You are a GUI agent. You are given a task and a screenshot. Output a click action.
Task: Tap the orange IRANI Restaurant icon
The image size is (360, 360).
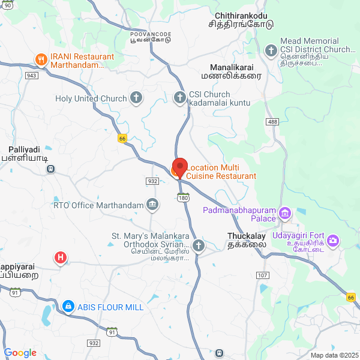pos(41,59)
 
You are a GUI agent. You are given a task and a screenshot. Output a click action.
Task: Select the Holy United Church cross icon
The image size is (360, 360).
pos(136,98)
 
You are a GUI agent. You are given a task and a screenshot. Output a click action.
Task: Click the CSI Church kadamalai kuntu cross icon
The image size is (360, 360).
pos(179,98)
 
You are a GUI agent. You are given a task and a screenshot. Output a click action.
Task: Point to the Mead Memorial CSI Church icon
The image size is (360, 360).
pos(271,50)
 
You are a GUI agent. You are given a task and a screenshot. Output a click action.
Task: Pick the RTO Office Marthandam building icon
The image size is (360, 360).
pos(152,205)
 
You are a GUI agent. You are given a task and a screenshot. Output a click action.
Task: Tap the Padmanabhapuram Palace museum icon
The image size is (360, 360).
pos(285,214)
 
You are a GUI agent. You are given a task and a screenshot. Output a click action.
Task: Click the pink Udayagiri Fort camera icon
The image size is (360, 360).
pos(334,241)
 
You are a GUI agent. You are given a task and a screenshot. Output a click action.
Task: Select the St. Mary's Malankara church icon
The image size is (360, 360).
pos(199,245)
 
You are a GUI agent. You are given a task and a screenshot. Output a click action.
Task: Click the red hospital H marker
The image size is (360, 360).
pos(60,258)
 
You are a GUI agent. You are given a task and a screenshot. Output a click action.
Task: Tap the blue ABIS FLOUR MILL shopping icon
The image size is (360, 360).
pos(68,307)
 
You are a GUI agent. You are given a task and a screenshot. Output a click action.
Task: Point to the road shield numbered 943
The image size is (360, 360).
pos(32,76)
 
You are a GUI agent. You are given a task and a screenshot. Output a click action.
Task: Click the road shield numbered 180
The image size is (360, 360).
pos(184,197)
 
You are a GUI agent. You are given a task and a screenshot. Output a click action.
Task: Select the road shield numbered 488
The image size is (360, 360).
pos(273,122)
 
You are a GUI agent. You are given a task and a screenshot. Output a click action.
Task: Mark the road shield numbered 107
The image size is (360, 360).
pos(262,275)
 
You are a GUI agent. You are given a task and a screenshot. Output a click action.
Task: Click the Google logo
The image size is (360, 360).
pos(20,353)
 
